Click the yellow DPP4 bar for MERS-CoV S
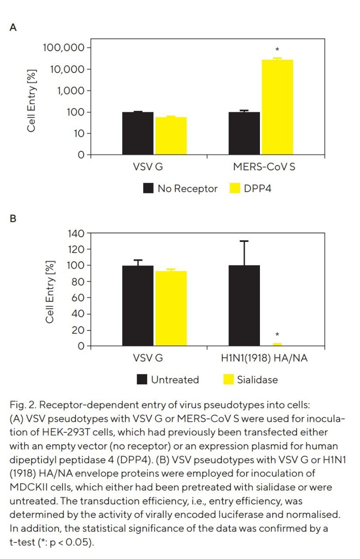[x=277, y=107]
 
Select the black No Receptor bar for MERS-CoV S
[x=244, y=133]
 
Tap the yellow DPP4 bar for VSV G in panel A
[x=170, y=135]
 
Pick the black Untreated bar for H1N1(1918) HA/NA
[x=244, y=305]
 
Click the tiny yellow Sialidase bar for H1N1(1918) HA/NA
[x=277, y=345]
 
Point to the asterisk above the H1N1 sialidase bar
[x=277, y=335]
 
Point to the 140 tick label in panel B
[x=76, y=233]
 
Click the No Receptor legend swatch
[x=149, y=188]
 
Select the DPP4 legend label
[x=258, y=188]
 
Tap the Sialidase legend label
[x=257, y=380]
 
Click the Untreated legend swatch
[x=142, y=380]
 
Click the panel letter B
[x=13, y=219]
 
